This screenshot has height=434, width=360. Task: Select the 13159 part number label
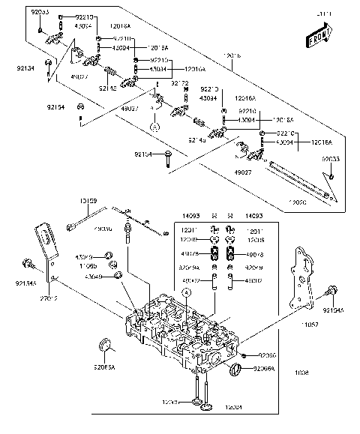[x=88, y=201]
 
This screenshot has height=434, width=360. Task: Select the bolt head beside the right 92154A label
[x=309, y=292]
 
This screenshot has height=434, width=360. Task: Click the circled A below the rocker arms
[x=154, y=127]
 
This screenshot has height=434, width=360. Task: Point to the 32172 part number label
[x=180, y=82]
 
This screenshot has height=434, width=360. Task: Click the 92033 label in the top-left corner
[x=40, y=13]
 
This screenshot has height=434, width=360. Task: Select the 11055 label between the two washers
[x=89, y=265]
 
